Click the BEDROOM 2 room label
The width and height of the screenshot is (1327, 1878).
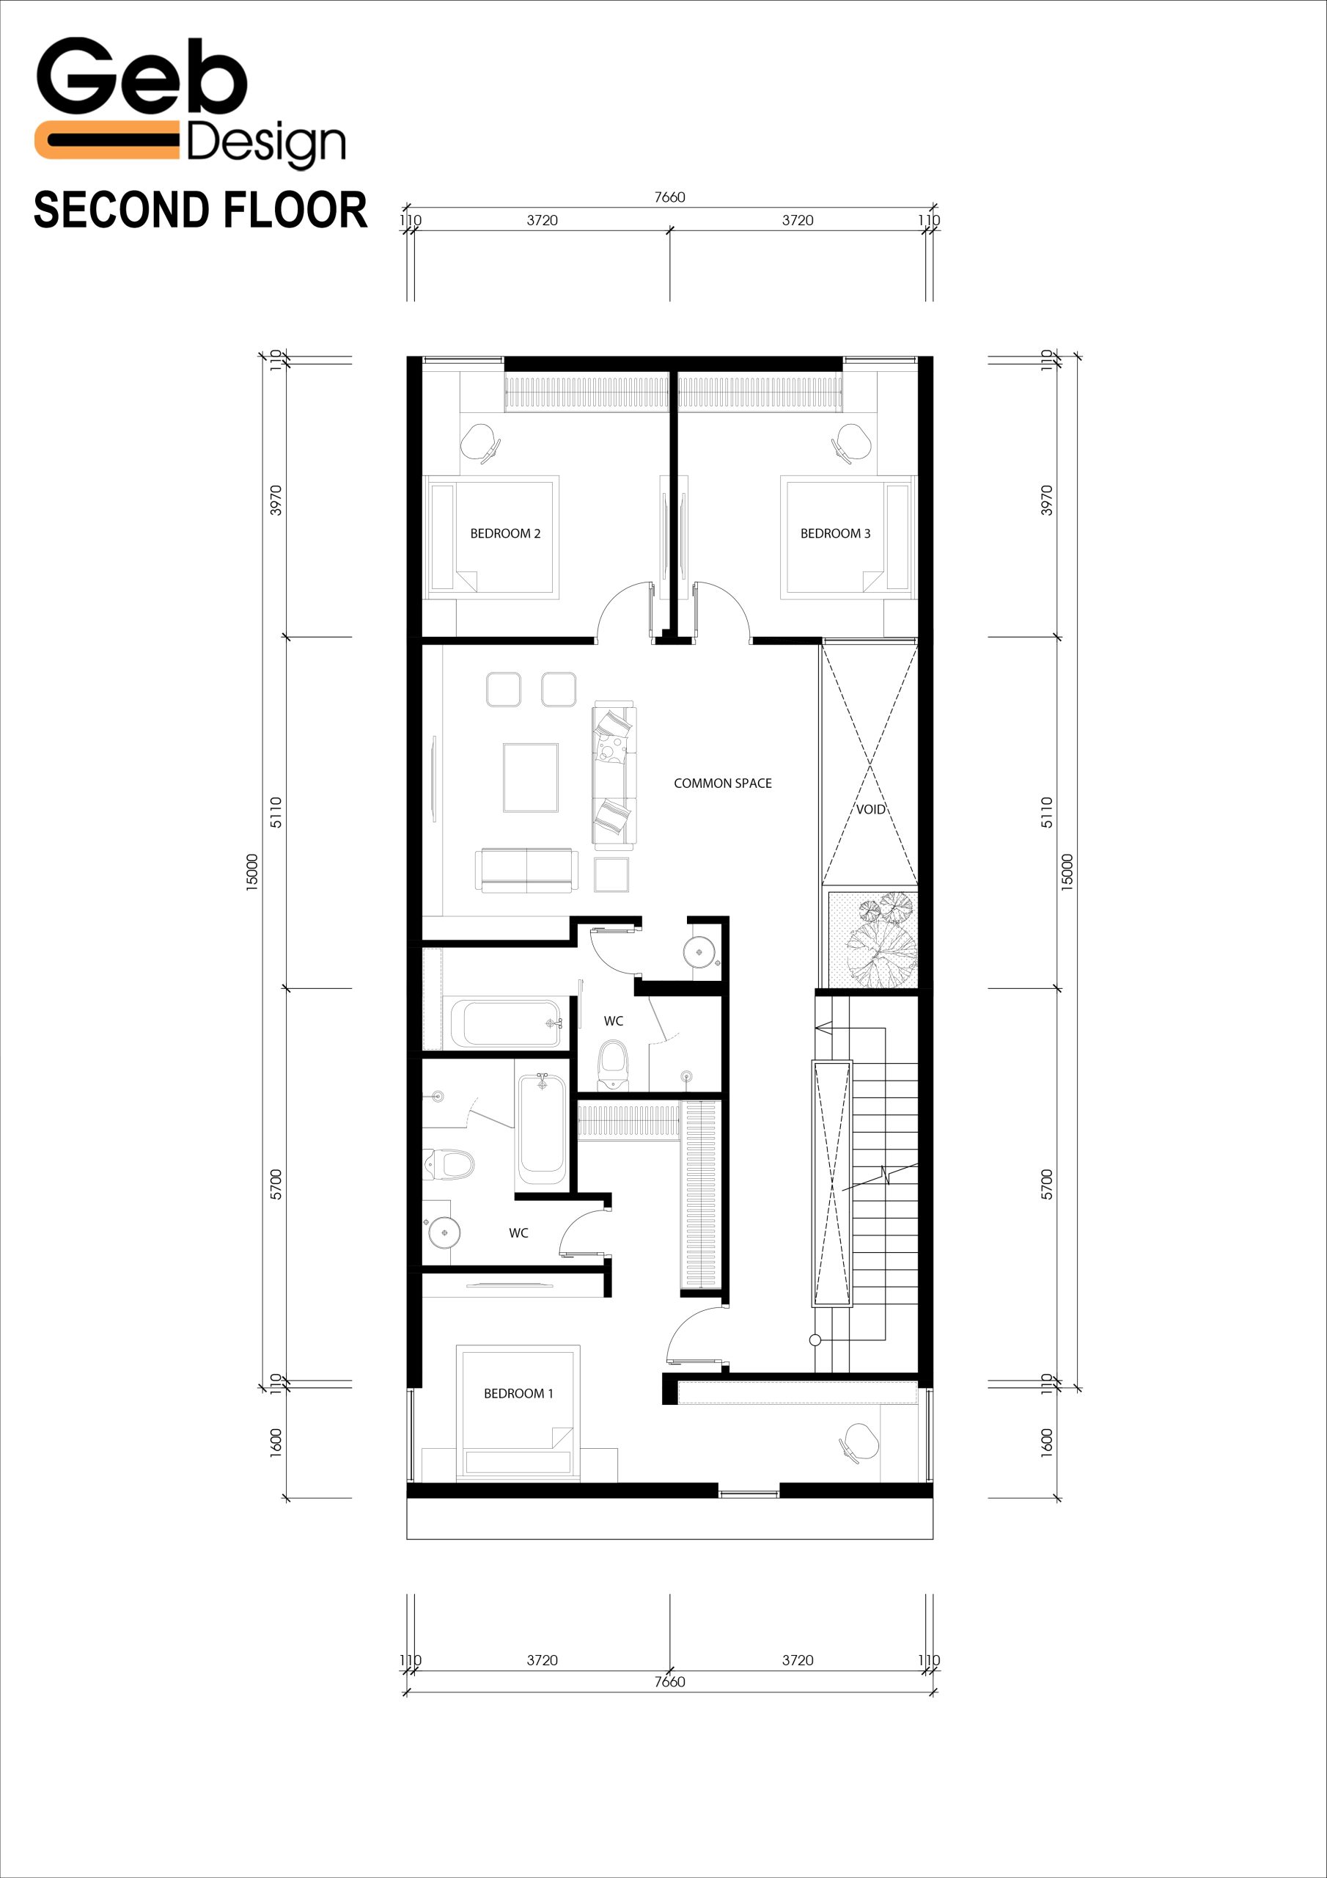pos(504,533)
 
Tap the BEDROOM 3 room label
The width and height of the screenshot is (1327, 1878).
pos(835,533)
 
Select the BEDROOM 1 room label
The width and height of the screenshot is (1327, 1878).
pos(518,1393)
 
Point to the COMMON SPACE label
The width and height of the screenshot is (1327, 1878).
pos(723,783)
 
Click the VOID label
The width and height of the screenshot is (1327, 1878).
pos(871,809)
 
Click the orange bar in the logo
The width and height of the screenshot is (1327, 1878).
pos(106,140)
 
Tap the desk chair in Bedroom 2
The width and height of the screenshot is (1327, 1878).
pos(480,442)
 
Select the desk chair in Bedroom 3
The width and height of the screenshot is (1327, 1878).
pos(851,442)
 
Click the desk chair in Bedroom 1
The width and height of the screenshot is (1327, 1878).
pos(859,1443)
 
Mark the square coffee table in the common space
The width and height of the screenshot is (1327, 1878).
pos(531,778)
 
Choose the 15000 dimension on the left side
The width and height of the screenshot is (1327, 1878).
pos(251,871)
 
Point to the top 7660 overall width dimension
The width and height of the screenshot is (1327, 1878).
pos(669,197)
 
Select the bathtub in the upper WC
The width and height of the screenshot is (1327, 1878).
pos(506,1023)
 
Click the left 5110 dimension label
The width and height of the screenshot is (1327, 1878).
pos(276,812)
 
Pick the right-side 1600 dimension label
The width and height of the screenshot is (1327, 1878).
pos(1046,1442)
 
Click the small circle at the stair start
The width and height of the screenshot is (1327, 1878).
pos(815,1340)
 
